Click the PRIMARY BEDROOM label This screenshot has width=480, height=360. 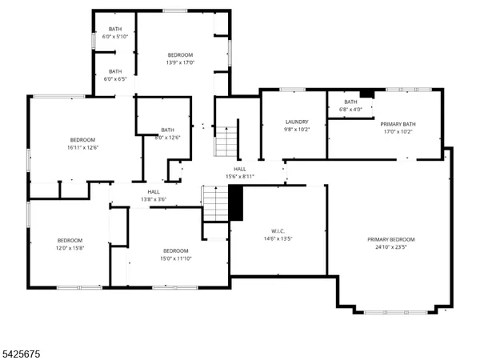(x=391, y=240)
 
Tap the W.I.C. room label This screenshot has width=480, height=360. (x=278, y=231)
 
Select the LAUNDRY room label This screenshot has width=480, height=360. (x=297, y=122)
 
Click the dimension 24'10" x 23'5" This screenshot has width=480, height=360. (x=391, y=248)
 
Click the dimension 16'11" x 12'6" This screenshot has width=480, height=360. (x=82, y=147)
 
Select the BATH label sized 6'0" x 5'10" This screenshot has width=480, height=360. (x=115, y=29)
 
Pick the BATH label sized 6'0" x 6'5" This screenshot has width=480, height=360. (x=115, y=71)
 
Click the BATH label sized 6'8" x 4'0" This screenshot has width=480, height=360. (x=350, y=102)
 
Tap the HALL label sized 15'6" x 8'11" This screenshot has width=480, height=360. (x=240, y=169)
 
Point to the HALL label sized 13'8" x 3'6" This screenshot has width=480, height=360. (x=154, y=192)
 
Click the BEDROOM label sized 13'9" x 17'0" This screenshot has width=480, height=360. (x=180, y=55)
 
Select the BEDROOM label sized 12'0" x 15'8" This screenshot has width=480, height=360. (x=70, y=241)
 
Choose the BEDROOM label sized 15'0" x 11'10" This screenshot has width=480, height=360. (x=175, y=250)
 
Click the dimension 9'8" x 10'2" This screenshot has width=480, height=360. (x=297, y=130)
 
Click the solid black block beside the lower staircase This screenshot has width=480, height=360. (x=236, y=203)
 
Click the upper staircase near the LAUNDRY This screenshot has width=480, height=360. (x=226, y=142)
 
